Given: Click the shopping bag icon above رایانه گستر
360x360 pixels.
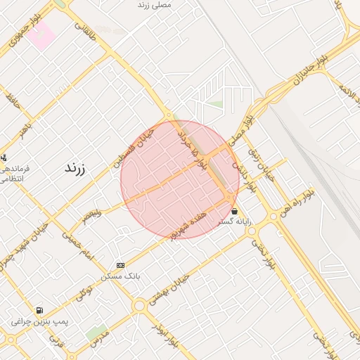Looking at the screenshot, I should (x=234, y=211).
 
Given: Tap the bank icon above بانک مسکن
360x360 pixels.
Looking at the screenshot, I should (x=120, y=265).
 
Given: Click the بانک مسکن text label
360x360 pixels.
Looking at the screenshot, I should (x=121, y=276).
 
